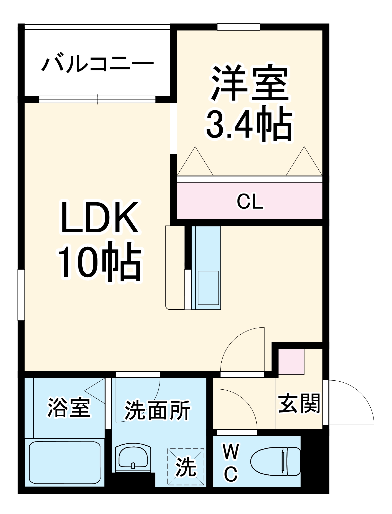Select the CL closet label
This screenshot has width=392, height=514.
click(250, 202)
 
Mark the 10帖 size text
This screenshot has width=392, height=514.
click(99, 262)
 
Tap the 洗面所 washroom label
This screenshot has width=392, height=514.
click(158, 410)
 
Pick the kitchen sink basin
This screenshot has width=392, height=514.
click(208, 288)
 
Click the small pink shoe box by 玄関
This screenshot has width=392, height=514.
click(291, 362)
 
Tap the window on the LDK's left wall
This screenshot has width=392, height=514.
click(21, 295)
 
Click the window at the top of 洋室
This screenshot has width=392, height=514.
click(238, 27)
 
